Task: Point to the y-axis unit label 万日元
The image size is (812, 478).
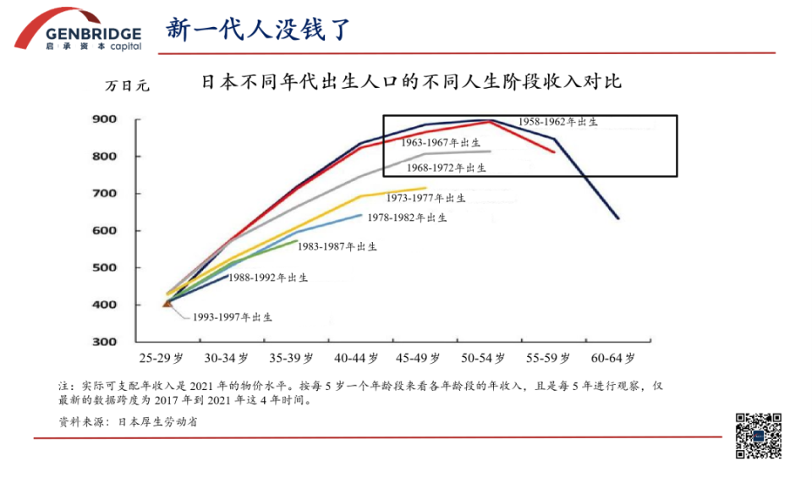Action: (x=127, y=85)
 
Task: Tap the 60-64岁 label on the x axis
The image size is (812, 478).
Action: (x=612, y=358)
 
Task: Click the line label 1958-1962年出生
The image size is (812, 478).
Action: (x=558, y=123)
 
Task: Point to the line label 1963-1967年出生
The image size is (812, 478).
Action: (x=441, y=143)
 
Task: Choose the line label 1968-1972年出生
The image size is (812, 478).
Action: (x=447, y=168)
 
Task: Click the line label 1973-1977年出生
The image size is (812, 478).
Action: (x=425, y=199)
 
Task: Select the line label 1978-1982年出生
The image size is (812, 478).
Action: (x=407, y=218)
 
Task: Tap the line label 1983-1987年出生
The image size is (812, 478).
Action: (x=337, y=247)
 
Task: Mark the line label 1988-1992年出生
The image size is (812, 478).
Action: (x=268, y=277)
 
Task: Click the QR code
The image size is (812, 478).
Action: (x=758, y=435)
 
